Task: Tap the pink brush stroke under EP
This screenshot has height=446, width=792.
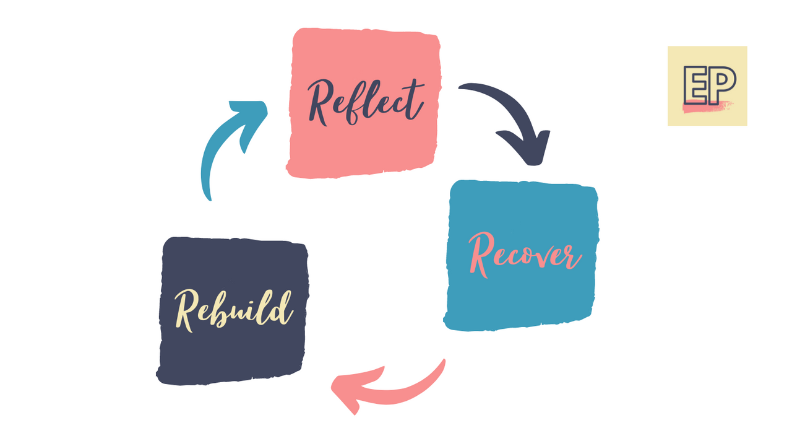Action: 705,107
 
